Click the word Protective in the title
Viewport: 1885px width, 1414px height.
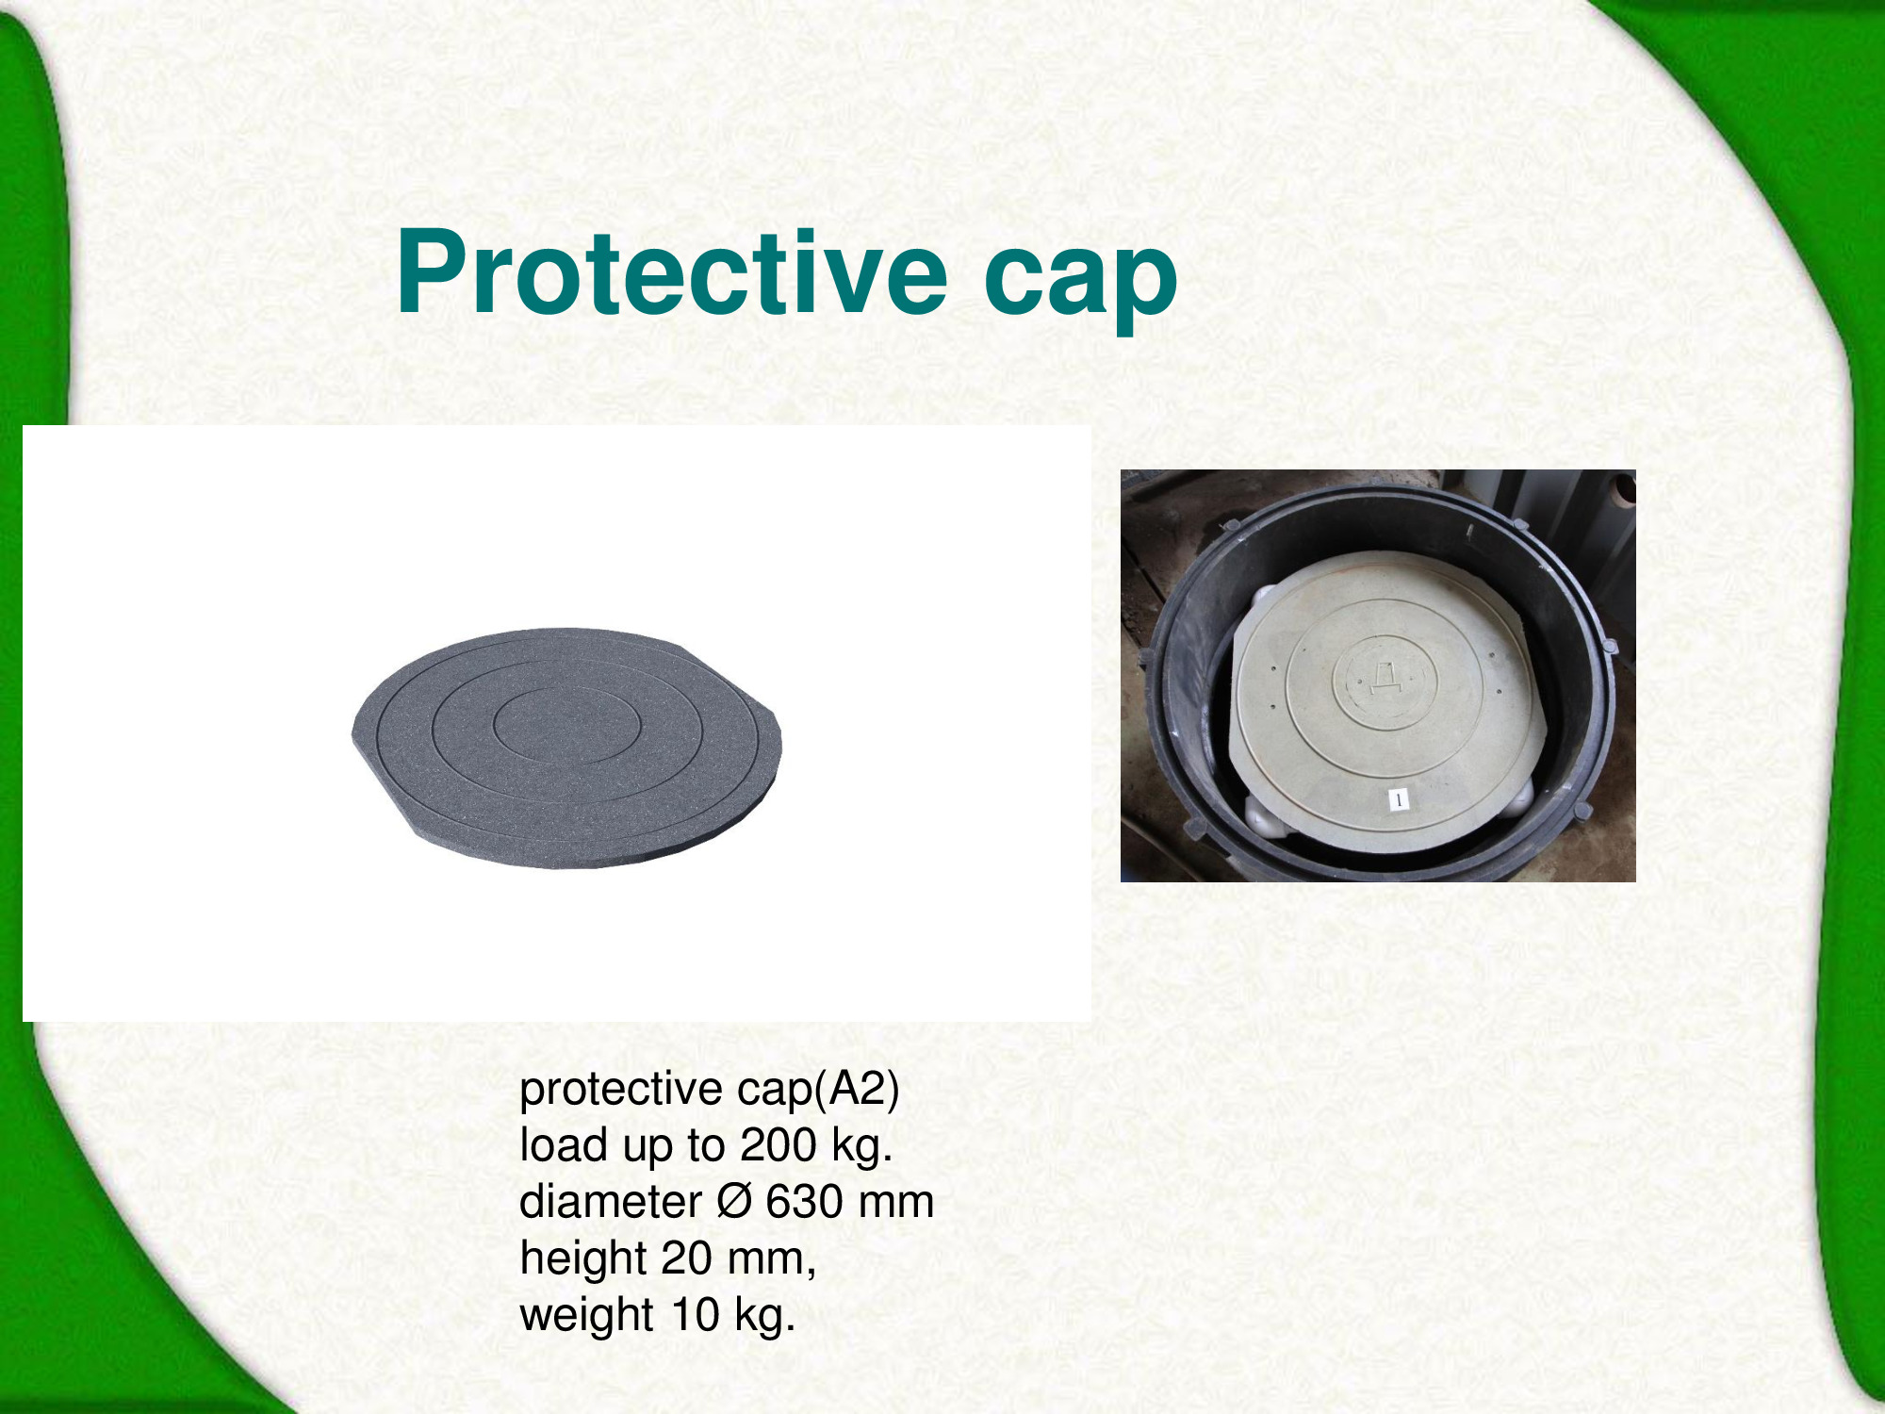pos(672,273)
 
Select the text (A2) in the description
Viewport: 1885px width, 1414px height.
pos(857,1090)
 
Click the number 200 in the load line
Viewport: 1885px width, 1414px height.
pos(779,1145)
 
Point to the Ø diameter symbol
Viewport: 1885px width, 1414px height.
pos(734,1202)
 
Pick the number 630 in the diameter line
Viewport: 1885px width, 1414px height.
pos(804,1202)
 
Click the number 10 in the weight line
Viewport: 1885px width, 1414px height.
pos(696,1314)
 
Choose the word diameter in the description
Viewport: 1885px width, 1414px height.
pos(611,1202)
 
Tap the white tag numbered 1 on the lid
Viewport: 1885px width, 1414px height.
pos(1399,799)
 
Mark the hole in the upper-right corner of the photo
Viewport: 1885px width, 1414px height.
pos(1623,489)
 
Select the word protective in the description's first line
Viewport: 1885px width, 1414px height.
pos(621,1091)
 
